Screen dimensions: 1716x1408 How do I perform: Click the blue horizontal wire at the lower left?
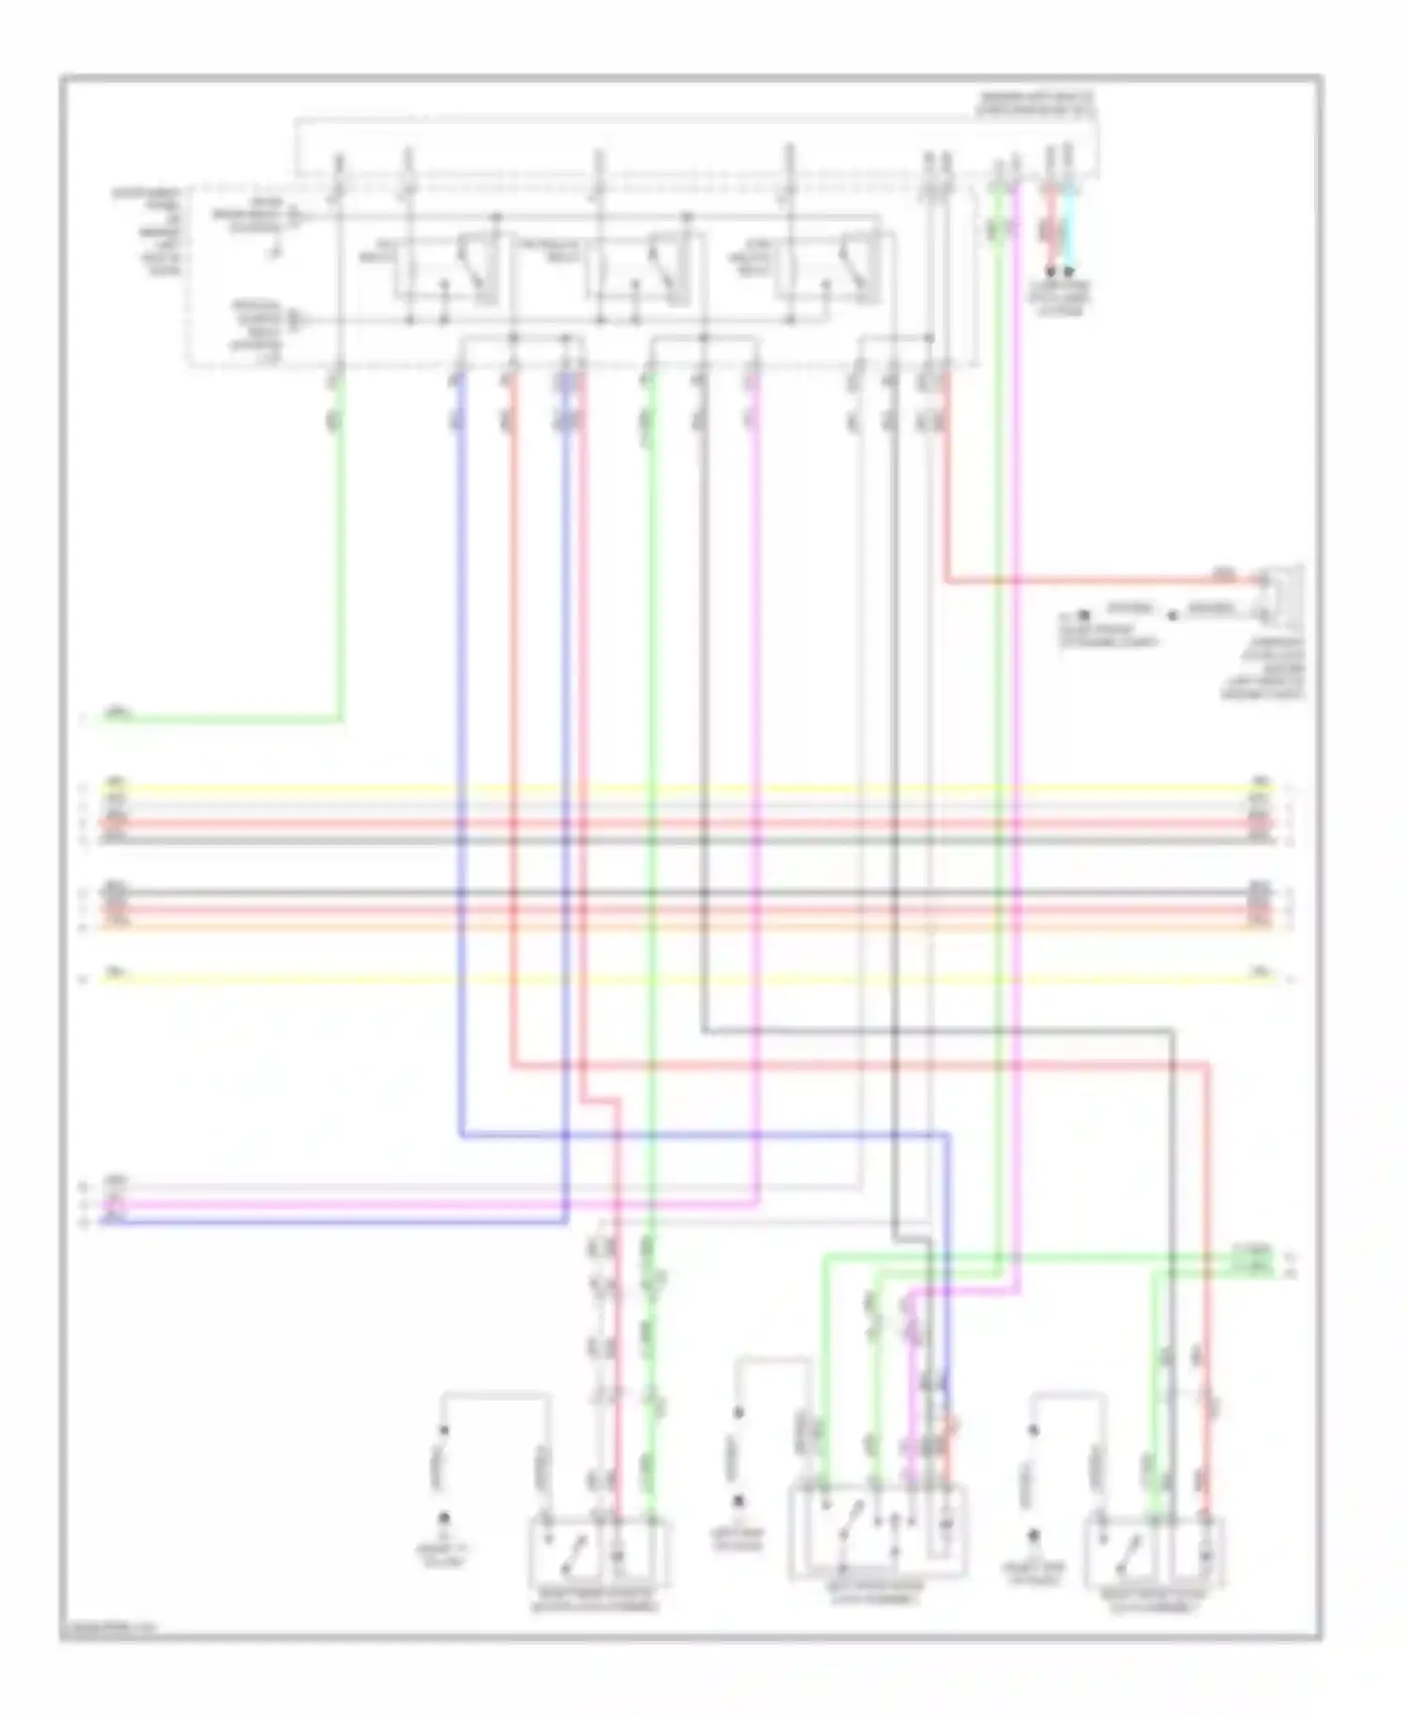point(329,1221)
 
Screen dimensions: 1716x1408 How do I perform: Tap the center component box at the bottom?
point(877,1530)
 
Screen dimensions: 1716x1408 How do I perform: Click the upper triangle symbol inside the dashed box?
point(294,217)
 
